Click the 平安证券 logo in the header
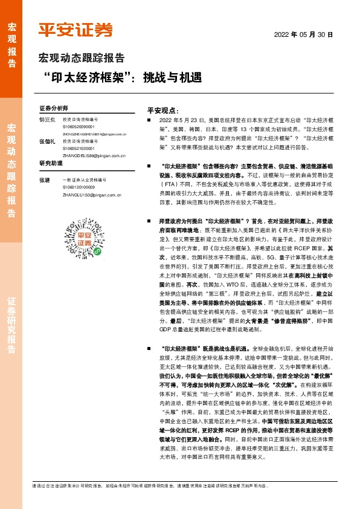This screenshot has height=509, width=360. pos(76,30)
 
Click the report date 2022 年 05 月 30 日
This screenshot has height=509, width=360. pos(304,34)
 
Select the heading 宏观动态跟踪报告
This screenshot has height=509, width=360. pos(82,59)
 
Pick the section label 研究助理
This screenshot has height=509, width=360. pos(51,164)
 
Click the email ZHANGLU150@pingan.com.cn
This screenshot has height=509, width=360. pos(92,195)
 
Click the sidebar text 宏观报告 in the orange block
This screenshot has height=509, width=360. pos(12,45)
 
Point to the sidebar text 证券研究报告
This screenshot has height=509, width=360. pos(12,332)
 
